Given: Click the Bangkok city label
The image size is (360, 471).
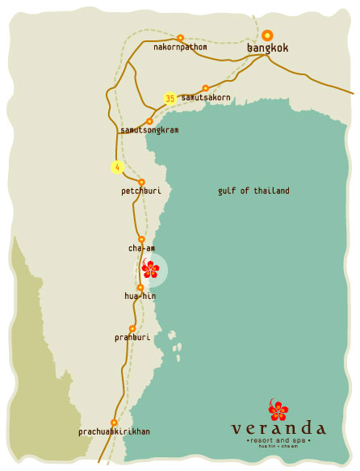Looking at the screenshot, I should tap(267, 48).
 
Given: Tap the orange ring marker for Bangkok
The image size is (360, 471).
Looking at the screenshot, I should tap(267, 36).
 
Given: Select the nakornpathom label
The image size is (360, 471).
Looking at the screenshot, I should tap(180, 48).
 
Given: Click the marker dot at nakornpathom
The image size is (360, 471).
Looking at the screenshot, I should tap(180, 37).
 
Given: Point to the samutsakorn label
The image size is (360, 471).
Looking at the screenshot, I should tap(206, 98).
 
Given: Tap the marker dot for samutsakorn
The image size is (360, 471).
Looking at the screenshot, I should tap(206, 87).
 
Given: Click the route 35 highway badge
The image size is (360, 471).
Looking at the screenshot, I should tap(170, 98).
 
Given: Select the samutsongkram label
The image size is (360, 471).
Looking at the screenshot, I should tap(149, 130).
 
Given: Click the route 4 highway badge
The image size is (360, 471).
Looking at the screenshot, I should tap(117, 167).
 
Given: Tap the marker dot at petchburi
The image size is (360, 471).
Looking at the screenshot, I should tap(141, 182).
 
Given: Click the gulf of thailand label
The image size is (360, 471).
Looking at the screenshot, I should tap(253, 191).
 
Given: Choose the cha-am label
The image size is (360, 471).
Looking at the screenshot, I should tap(141, 248).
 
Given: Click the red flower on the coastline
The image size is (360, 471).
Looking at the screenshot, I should tap(151, 269).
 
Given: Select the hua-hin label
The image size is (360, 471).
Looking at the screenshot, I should tap(140, 296).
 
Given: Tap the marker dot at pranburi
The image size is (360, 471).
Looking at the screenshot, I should tap(132, 328).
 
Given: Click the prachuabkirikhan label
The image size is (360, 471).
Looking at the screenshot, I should tap(114, 432).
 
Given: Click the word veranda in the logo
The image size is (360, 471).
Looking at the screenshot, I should tap(278, 429).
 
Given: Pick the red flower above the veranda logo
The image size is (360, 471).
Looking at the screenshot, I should tap(278, 410).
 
